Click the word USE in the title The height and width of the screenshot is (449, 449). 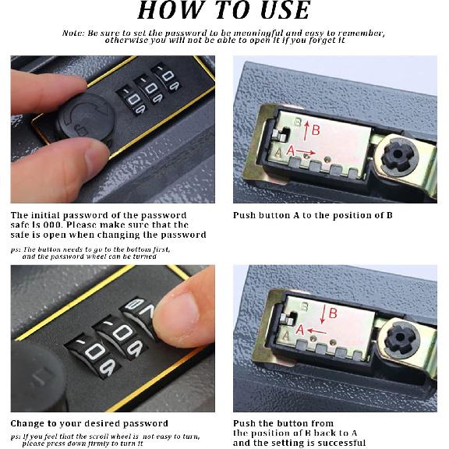[285, 10]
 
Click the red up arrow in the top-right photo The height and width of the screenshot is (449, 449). [306, 131]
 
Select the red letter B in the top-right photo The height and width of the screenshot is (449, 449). [316, 130]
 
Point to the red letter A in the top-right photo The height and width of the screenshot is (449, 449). [290, 150]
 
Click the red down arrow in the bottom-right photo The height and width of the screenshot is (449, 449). [323, 314]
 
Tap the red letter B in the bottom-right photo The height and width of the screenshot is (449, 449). [333, 313]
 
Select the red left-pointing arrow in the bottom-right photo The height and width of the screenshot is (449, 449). [316, 331]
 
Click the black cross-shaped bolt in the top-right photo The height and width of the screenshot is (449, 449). [398, 154]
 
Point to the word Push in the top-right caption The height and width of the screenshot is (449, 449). [244, 215]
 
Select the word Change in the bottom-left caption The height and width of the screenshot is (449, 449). [27, 423]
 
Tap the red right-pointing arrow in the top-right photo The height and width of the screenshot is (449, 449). [306, 152]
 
